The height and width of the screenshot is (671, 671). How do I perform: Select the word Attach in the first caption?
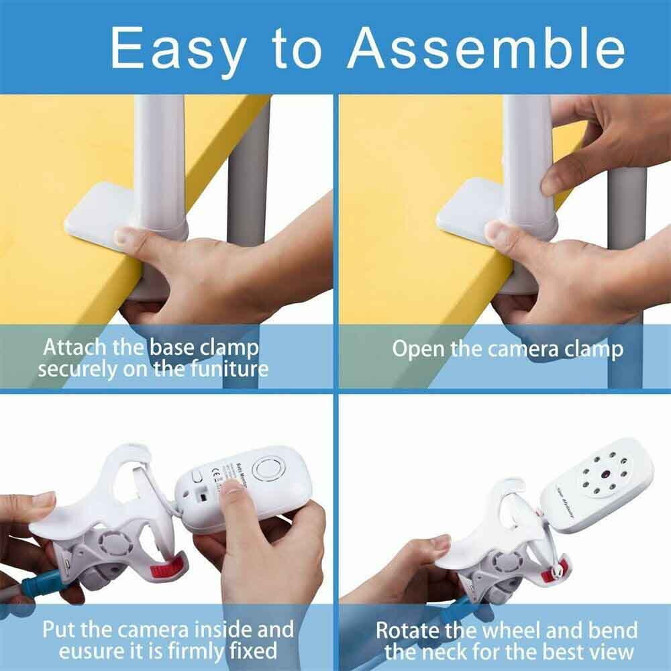point(74,348)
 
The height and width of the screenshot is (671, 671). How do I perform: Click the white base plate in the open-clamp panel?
point(463,215)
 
